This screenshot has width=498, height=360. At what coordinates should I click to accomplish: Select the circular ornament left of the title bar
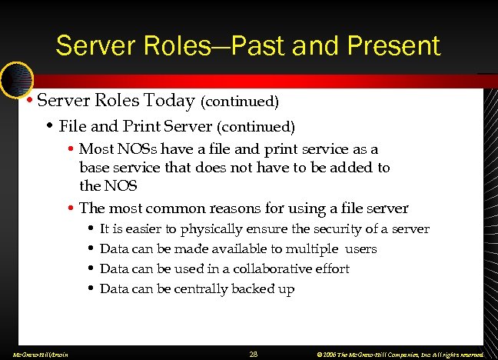[15, 77]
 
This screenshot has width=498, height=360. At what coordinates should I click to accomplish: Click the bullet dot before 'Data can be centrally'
[91, 289]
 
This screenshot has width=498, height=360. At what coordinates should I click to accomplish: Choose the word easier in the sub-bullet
[141, 228]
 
